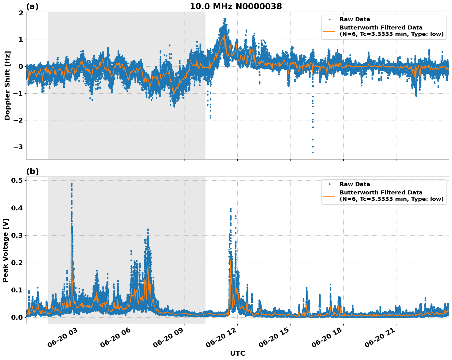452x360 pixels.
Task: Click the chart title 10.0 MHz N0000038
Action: [x=236, y=6]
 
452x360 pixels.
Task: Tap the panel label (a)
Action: [x=32, y=6]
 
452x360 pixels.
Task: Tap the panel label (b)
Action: [x=32, y=171]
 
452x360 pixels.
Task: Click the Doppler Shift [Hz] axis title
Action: [x=7, y=85]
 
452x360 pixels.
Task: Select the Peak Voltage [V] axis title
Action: [x=6, y=250]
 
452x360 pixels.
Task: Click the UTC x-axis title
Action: [x=237, y=353]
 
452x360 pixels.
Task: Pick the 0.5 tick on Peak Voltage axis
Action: [x=18, y=181]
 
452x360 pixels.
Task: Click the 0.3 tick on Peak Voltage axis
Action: [x=18, y=235]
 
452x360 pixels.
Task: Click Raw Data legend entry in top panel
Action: [x=355, y=19]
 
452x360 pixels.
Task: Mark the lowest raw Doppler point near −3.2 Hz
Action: [x=313, y=152]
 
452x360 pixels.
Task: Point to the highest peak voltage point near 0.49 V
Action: [x=72, y=184]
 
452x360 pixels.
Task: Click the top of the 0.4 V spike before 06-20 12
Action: [x=231, y=208]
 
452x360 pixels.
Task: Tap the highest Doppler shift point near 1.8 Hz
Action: [x=225, y=19]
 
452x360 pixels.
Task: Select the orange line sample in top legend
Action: [x=329, y=31]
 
